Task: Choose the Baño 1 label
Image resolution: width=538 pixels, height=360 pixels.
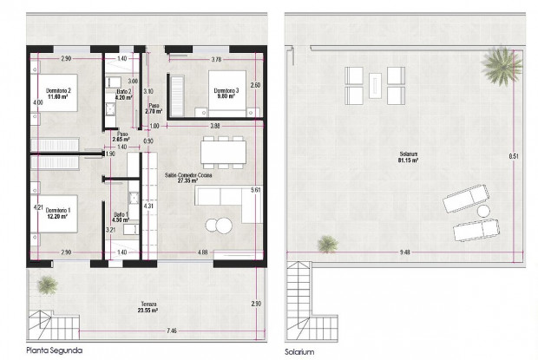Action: coord(121,217)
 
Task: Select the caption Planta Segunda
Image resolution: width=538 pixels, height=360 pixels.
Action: coord(54,350)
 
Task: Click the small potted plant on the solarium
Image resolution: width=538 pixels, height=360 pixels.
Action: coord(327,244)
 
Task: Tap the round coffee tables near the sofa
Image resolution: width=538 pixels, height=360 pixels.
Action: coord(218,226)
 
